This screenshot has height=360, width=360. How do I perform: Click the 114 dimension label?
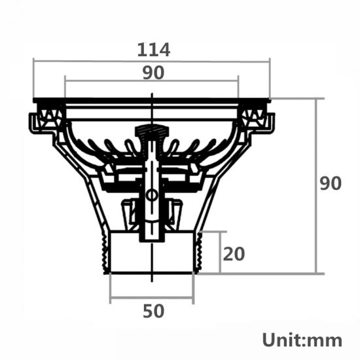click(x=154, y=50)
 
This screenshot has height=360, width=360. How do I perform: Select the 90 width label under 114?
click(x=153, y=73)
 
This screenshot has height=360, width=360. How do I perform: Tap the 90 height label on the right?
click(x=331, y=184)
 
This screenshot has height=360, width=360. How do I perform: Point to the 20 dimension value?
click(x=234, y=253)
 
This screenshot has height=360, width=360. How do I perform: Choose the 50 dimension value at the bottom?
click(x=153, y=312)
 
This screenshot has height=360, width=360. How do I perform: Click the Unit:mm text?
click(x=302, y=340)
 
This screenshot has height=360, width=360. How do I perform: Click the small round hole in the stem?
click(x=152, y=195)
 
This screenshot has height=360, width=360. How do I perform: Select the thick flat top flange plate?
click(x=152, y=101)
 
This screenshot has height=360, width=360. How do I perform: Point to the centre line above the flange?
click(x=152, y=95)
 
